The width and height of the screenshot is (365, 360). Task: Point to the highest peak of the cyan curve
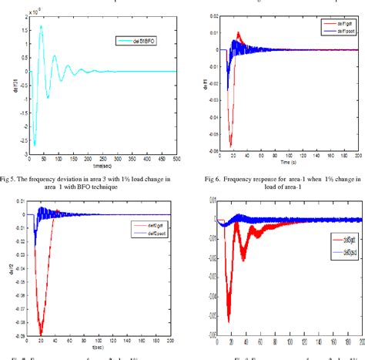[41, 25]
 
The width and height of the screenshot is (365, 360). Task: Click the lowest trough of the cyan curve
[34, 144]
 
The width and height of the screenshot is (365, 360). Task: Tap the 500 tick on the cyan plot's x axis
[176, 160]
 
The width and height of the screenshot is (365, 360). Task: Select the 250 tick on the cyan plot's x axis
[103, 160]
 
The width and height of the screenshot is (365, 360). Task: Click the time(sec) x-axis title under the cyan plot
[102, 166]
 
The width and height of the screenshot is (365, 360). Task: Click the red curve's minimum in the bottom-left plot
[40, 334]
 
